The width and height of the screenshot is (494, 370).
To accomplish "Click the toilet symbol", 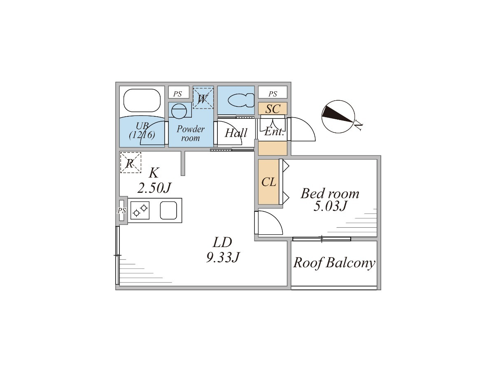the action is coord(241,100).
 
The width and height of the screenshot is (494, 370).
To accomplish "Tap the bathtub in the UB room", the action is coord(142,100).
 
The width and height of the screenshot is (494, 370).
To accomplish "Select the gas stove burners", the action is coord(140,210).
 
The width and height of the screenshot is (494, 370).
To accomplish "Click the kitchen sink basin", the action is coord(168,210).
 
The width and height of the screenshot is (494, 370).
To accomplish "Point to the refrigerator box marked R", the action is coord(130,162).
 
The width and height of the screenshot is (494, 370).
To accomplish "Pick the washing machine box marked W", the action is coord(203,98).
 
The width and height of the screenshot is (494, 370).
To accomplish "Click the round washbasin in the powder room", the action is coord(179,111).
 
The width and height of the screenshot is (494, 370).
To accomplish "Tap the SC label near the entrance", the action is coord(273,109).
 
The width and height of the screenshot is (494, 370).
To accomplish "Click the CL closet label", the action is coord(269,182).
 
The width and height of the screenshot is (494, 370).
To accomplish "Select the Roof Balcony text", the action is coord(334,263).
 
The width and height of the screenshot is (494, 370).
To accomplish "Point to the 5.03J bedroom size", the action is coord(330,206).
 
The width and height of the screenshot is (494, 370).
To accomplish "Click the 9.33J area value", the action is coord(222,257).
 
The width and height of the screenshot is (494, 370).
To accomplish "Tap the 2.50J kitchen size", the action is coord(154,188).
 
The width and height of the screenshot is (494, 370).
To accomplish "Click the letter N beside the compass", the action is coord(358,126).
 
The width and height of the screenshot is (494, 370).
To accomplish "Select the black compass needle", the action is coord(337,114).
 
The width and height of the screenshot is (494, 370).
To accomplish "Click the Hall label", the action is coord(236,133).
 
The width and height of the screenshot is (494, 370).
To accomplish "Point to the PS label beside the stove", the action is coord(122,211).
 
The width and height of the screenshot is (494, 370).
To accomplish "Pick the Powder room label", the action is coord(191,133).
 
